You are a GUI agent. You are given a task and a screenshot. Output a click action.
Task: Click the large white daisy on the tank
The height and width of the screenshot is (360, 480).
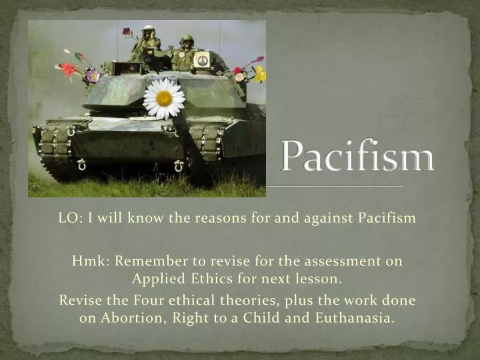coord(164,99)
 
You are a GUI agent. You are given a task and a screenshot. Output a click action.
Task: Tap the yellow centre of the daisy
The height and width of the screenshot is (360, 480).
coord(164,99)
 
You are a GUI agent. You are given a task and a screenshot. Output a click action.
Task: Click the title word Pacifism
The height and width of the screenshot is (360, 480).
coord(357,157)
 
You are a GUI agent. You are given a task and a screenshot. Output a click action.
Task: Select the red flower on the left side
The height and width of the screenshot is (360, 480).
coord(67,69)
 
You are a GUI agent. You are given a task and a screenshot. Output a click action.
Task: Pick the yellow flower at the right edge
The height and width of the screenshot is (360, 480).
coord(259,73)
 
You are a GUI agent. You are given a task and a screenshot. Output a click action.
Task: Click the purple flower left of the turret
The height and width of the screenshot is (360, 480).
coord(93,75)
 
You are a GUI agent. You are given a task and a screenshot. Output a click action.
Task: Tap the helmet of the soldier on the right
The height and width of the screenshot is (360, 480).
coord(187,39)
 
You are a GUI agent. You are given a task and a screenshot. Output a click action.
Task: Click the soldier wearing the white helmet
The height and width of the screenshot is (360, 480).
coord(147,41)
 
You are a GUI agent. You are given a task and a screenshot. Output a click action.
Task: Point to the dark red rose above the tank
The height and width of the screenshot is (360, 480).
coord(127,31)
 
